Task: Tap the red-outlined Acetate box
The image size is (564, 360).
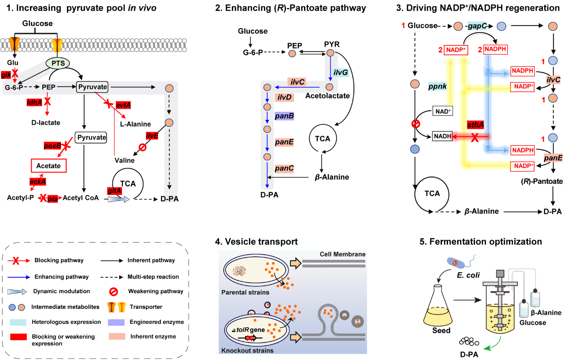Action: (48, 166)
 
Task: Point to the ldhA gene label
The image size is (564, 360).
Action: (34, 102)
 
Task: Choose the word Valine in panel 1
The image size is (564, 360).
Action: (124, 160)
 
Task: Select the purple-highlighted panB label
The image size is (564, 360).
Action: (285, 115)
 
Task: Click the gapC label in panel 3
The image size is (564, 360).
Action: (478, 26)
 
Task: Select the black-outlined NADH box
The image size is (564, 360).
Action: (442, 137)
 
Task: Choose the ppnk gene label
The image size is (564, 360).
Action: (438, 87)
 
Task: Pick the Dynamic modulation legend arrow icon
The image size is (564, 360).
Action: (18, 291)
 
